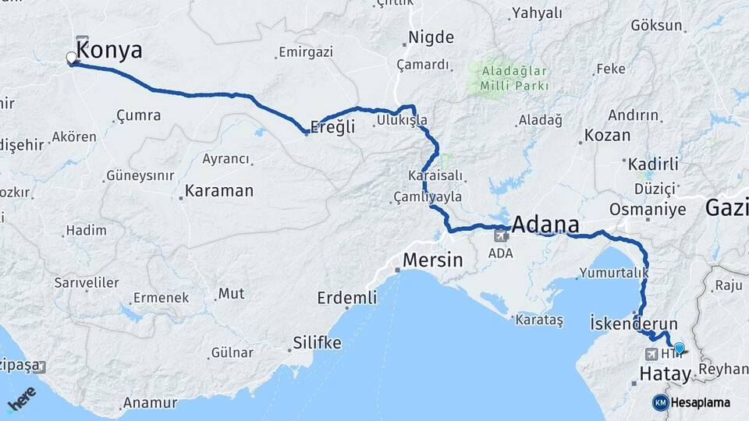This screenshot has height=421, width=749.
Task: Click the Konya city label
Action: point(111,51)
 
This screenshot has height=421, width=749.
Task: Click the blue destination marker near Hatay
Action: point(679,348)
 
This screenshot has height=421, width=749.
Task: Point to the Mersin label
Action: point(433,260)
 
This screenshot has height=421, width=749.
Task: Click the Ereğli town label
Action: point(333,126)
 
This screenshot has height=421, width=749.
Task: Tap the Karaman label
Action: point(219,190)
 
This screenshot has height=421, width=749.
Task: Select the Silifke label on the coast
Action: point(317,342)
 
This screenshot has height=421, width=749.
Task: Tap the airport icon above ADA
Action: point(500,235)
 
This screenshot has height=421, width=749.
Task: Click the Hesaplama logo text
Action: point(700,402)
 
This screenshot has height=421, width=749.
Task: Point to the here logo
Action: point(22,398)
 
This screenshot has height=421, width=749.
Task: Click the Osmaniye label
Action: point(648,210)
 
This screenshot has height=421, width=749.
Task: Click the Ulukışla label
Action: point(402,120)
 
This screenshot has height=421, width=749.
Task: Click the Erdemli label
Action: point(347,297)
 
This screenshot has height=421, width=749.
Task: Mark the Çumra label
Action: point(138,115)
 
